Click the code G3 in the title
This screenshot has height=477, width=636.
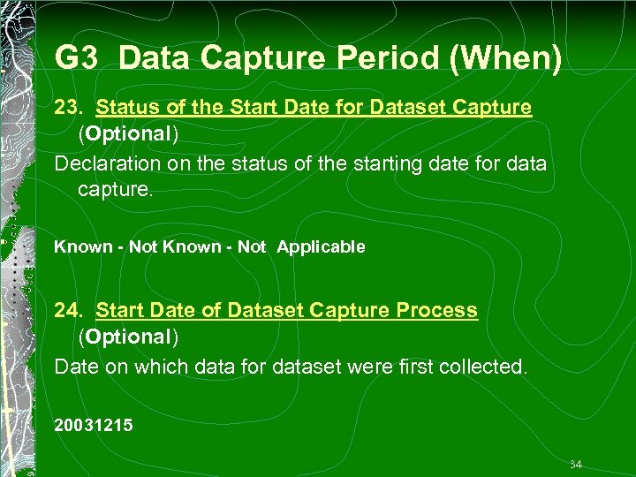point(79,58)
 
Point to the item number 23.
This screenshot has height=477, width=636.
point(69,108)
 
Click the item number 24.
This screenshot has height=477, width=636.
point(69,311)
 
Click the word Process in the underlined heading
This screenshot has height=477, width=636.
point(436,311)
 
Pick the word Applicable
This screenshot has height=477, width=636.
point(321,247)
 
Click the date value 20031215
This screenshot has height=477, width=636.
point(94,426)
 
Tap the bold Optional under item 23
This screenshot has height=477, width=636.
point(128,134)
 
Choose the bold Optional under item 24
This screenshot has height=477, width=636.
point(128,337)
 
